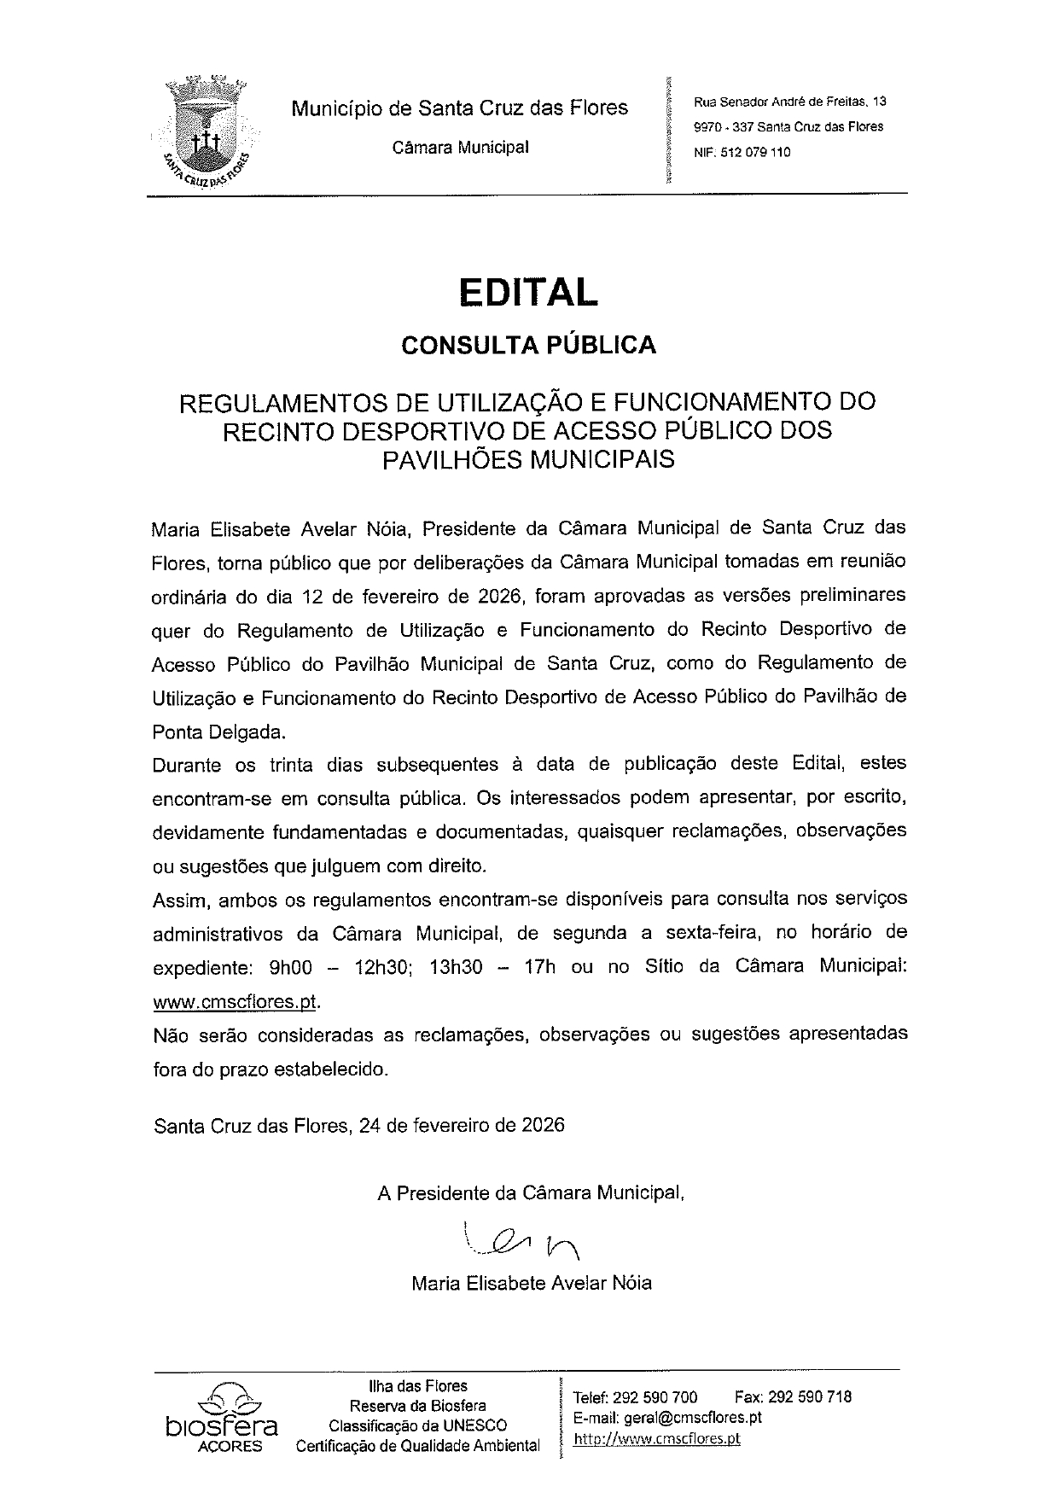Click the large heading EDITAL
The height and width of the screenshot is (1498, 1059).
[529, 292]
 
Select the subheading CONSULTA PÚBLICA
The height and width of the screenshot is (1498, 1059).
[529, 345]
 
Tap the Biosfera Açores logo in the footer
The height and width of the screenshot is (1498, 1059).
[223, 1414]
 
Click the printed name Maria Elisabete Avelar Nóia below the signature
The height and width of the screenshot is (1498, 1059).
[531, 1283]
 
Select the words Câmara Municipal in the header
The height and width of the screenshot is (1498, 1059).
[460, 147]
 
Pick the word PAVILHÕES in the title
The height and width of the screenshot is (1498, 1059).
[452, 459]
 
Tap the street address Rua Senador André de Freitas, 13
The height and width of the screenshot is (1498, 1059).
[789, 102]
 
